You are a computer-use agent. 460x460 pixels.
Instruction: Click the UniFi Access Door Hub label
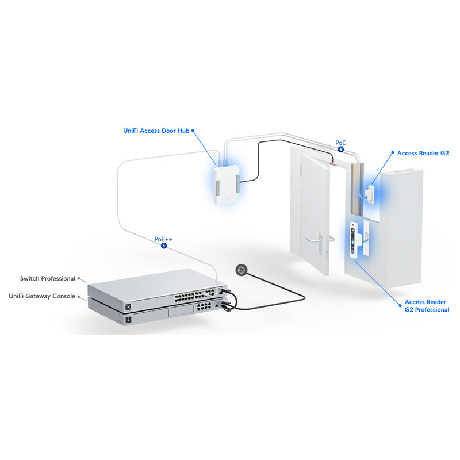[156, 131]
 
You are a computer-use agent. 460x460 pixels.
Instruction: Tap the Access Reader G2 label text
[423, 154]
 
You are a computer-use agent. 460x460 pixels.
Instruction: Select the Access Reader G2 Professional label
[427, 306]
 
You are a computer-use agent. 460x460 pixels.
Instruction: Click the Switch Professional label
[47, 278]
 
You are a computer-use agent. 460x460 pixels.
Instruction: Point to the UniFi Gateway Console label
[42, 296]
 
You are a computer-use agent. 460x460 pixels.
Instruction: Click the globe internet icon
[241, 269]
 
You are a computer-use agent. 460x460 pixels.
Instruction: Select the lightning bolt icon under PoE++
[164, 246]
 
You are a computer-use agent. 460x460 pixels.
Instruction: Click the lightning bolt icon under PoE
[341, 149]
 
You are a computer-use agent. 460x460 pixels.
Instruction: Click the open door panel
[310, 213]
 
